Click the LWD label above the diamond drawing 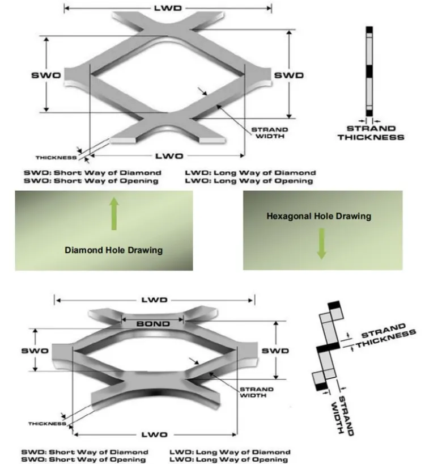coord(168,7)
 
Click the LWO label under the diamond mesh coord(168,154)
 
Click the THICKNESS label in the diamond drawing coord(55,157)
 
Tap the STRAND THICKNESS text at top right coord(371,133)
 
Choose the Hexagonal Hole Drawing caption coord(319,216)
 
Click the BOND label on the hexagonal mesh coord(153,323)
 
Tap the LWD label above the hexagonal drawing coord(153,299)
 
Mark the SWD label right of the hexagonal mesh coord(274,351)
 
